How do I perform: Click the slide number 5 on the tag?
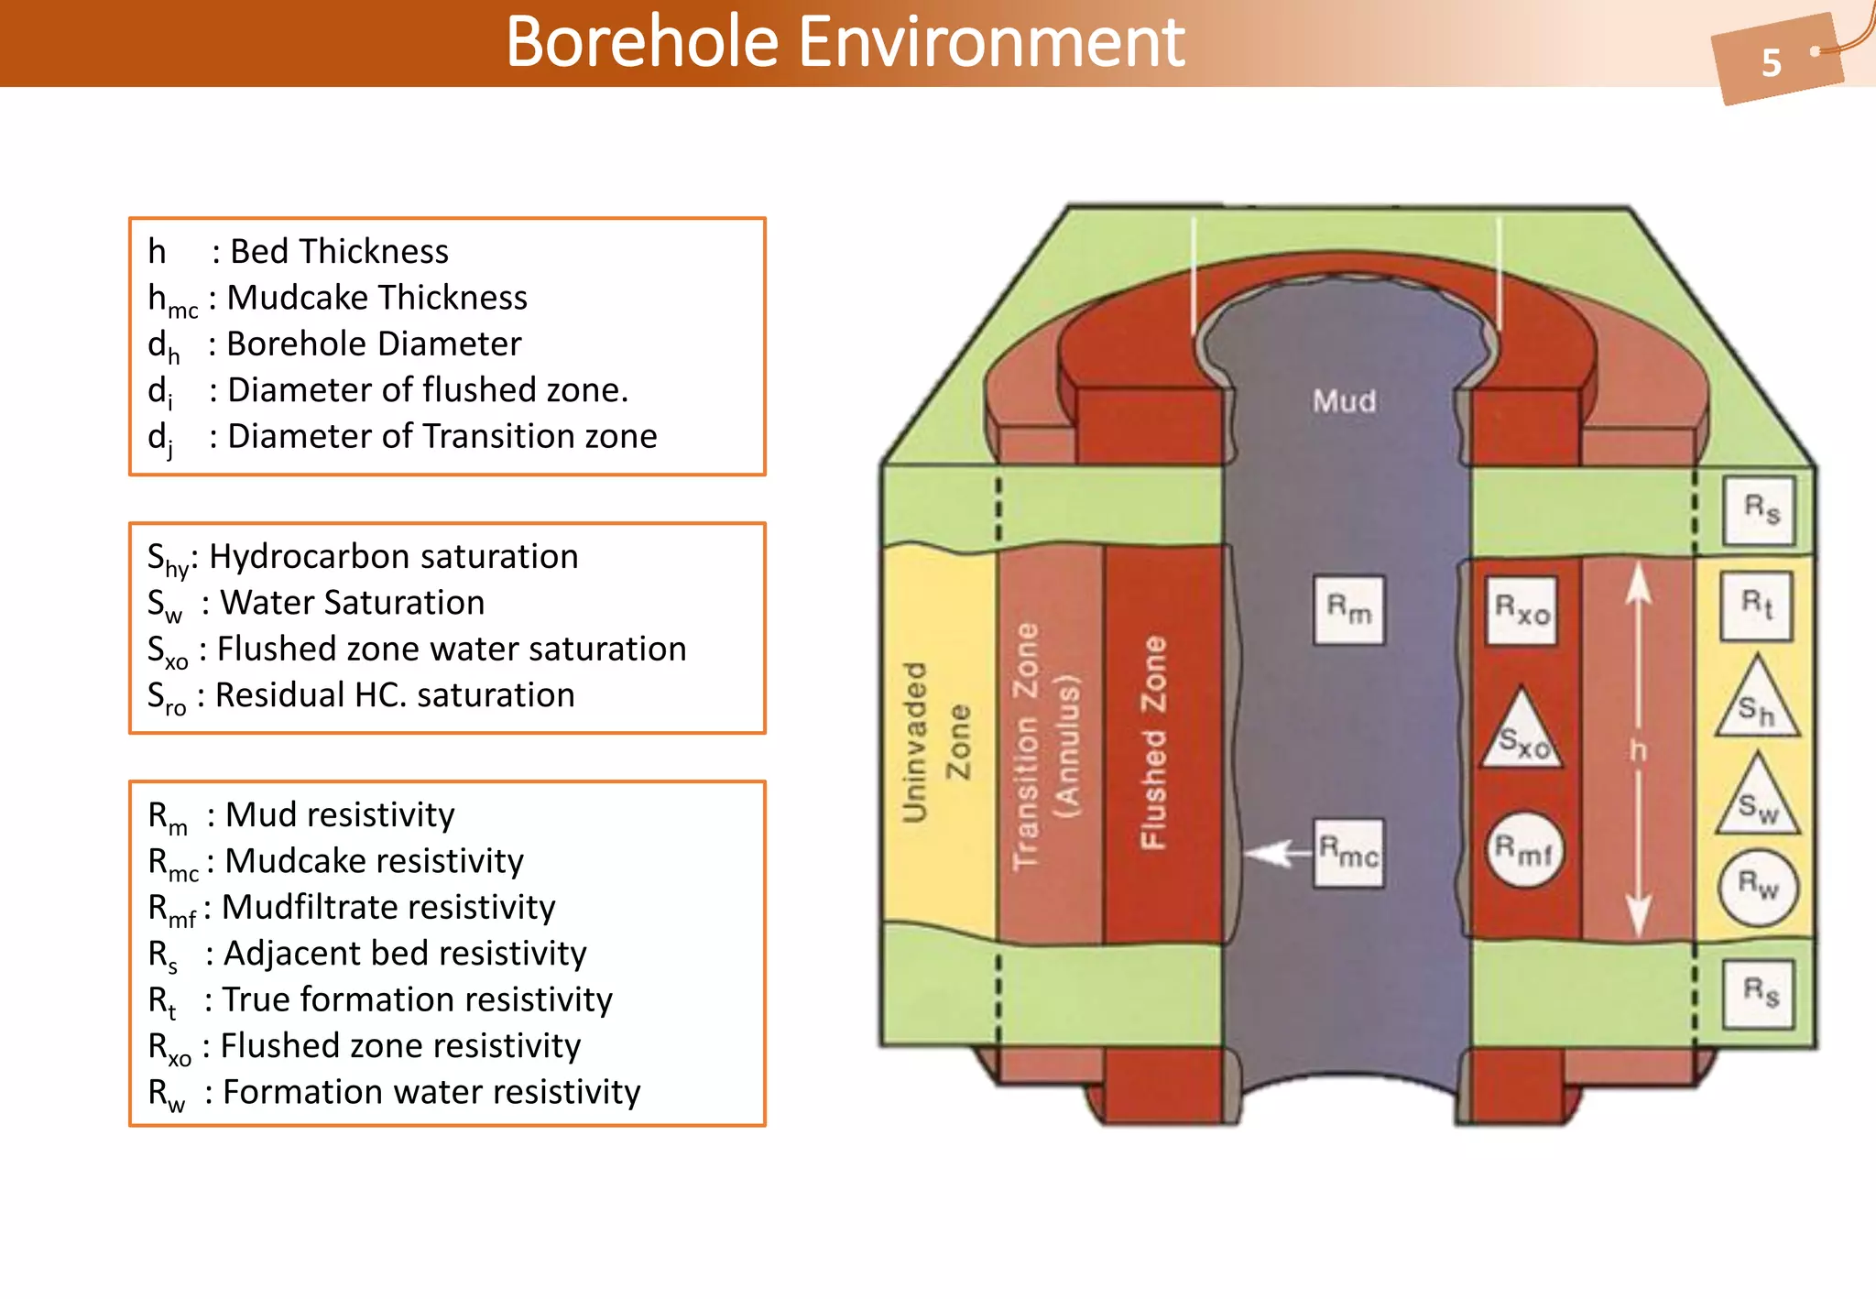click(1771, 62)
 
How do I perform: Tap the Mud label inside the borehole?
click(1344, 401)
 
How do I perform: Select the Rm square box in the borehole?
click(1348, 610)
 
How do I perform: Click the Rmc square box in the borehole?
click(1348, 854)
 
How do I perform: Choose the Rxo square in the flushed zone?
click(1522, 610)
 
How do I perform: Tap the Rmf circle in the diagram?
click(1523, 850)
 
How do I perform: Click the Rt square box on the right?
click(1757, 605)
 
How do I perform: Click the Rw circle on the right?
click(1758, 886)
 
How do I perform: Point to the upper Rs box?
click(1760, 509)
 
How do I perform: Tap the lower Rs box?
click(1759, 993)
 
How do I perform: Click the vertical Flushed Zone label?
click(1153, 742)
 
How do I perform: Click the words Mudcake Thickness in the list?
click(376, 298)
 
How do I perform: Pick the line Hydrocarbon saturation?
click(394, 556)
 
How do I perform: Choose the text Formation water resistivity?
click(431, 1092)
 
